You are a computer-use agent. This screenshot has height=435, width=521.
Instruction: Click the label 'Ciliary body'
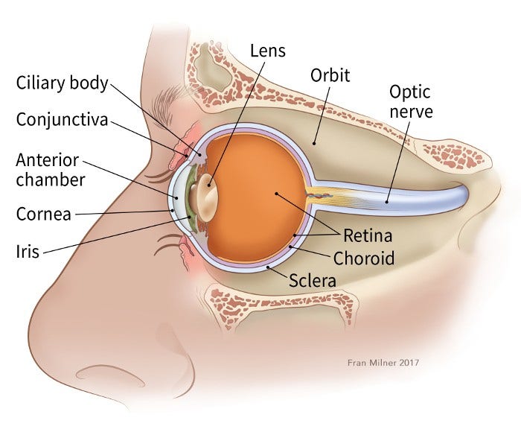(x=63, y=82)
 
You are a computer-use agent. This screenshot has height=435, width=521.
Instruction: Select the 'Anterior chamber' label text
(x=51, y=170)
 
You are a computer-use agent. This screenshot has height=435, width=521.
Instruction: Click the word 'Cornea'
(x=44, y=215)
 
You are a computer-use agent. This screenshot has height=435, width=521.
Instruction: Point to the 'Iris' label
(x=29, y=252)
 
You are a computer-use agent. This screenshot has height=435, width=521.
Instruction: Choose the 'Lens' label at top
(x=266, y=51)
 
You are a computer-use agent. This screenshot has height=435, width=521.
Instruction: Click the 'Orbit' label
(x=330, y=76)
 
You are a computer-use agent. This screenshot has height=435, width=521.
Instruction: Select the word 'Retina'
(x=367, y=237)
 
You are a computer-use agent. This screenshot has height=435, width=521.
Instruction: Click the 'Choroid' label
(x=363, y=258)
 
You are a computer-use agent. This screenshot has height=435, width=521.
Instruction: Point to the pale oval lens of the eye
(x=202, y=195)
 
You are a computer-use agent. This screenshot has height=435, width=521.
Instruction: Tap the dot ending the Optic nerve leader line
(x=388, y=200)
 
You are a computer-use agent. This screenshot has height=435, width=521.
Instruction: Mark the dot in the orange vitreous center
(x=276, y=194)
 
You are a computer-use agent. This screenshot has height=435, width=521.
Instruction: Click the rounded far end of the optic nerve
(x=461, y=196)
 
